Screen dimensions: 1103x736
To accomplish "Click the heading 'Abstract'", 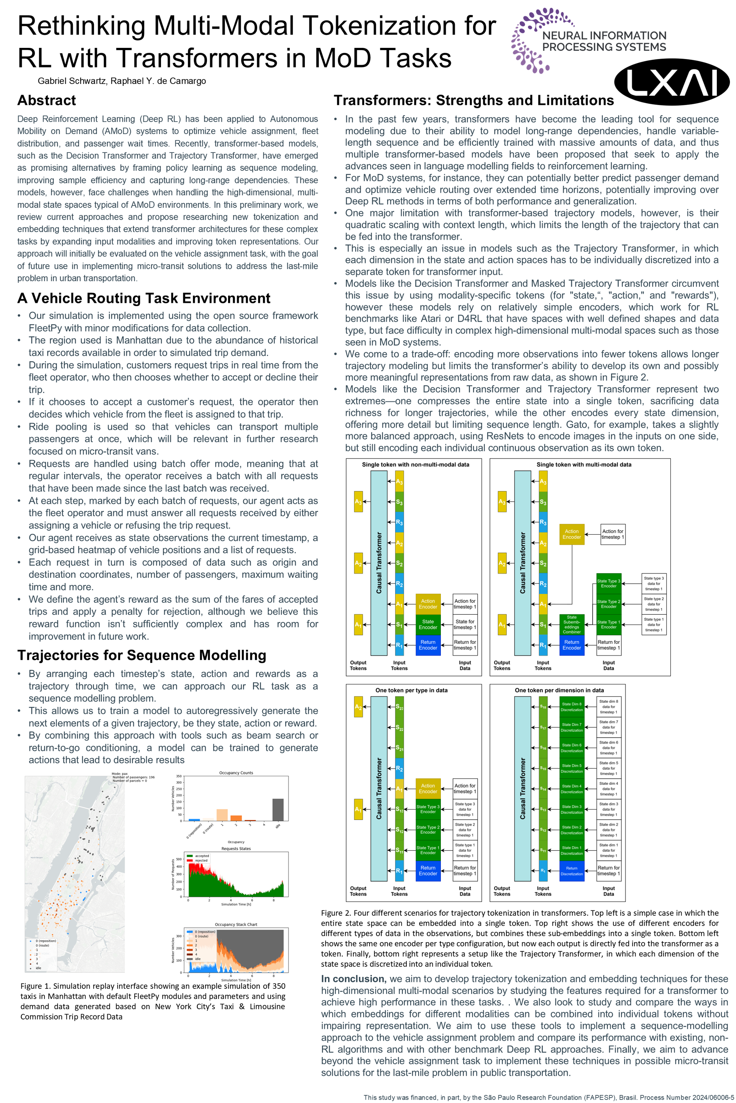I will tap(46, 100).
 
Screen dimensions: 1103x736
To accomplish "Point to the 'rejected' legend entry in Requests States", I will tap(200, 861).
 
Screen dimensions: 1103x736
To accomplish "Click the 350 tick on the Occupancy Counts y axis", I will tap(179, 776).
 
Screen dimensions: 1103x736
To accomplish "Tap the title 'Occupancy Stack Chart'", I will tap(236, 924).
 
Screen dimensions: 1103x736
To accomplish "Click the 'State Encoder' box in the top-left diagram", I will tap(428, 624).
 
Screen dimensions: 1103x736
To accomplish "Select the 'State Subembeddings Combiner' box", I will tap(571, 624).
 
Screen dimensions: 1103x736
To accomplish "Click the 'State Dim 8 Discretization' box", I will tap(571, 707).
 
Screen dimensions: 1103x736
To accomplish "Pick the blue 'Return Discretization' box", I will tap(571, 871).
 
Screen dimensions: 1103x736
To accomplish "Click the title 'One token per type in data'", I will tap(411, 690).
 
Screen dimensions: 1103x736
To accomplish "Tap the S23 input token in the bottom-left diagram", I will tap(399, 707).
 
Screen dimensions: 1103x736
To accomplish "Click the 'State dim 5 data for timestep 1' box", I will tap(608, 768).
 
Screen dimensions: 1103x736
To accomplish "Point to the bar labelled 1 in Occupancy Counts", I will tap(222, 815).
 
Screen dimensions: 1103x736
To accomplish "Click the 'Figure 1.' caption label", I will tap(36, 986).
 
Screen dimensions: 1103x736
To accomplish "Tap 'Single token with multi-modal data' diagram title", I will tap(583, 464).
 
